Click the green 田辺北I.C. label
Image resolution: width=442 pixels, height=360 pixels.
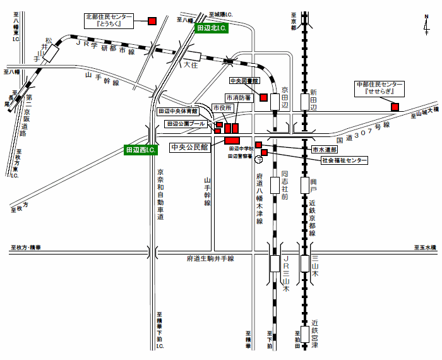coord(212,28)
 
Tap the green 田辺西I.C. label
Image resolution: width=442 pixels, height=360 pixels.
coord(141,150)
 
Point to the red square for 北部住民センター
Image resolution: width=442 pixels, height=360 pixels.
coord(152,21)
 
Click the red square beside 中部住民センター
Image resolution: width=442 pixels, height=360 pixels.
coord(395,107)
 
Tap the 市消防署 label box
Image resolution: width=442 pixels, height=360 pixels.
coord(239,98)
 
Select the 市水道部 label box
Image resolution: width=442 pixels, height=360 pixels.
coord(325,150)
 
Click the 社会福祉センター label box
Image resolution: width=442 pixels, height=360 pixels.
coord(344,161)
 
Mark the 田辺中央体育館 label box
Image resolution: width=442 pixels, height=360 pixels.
coord(179,111)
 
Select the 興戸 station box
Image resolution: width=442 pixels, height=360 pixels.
coord(306,185)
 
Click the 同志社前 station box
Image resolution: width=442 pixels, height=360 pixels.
coord(273,185)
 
